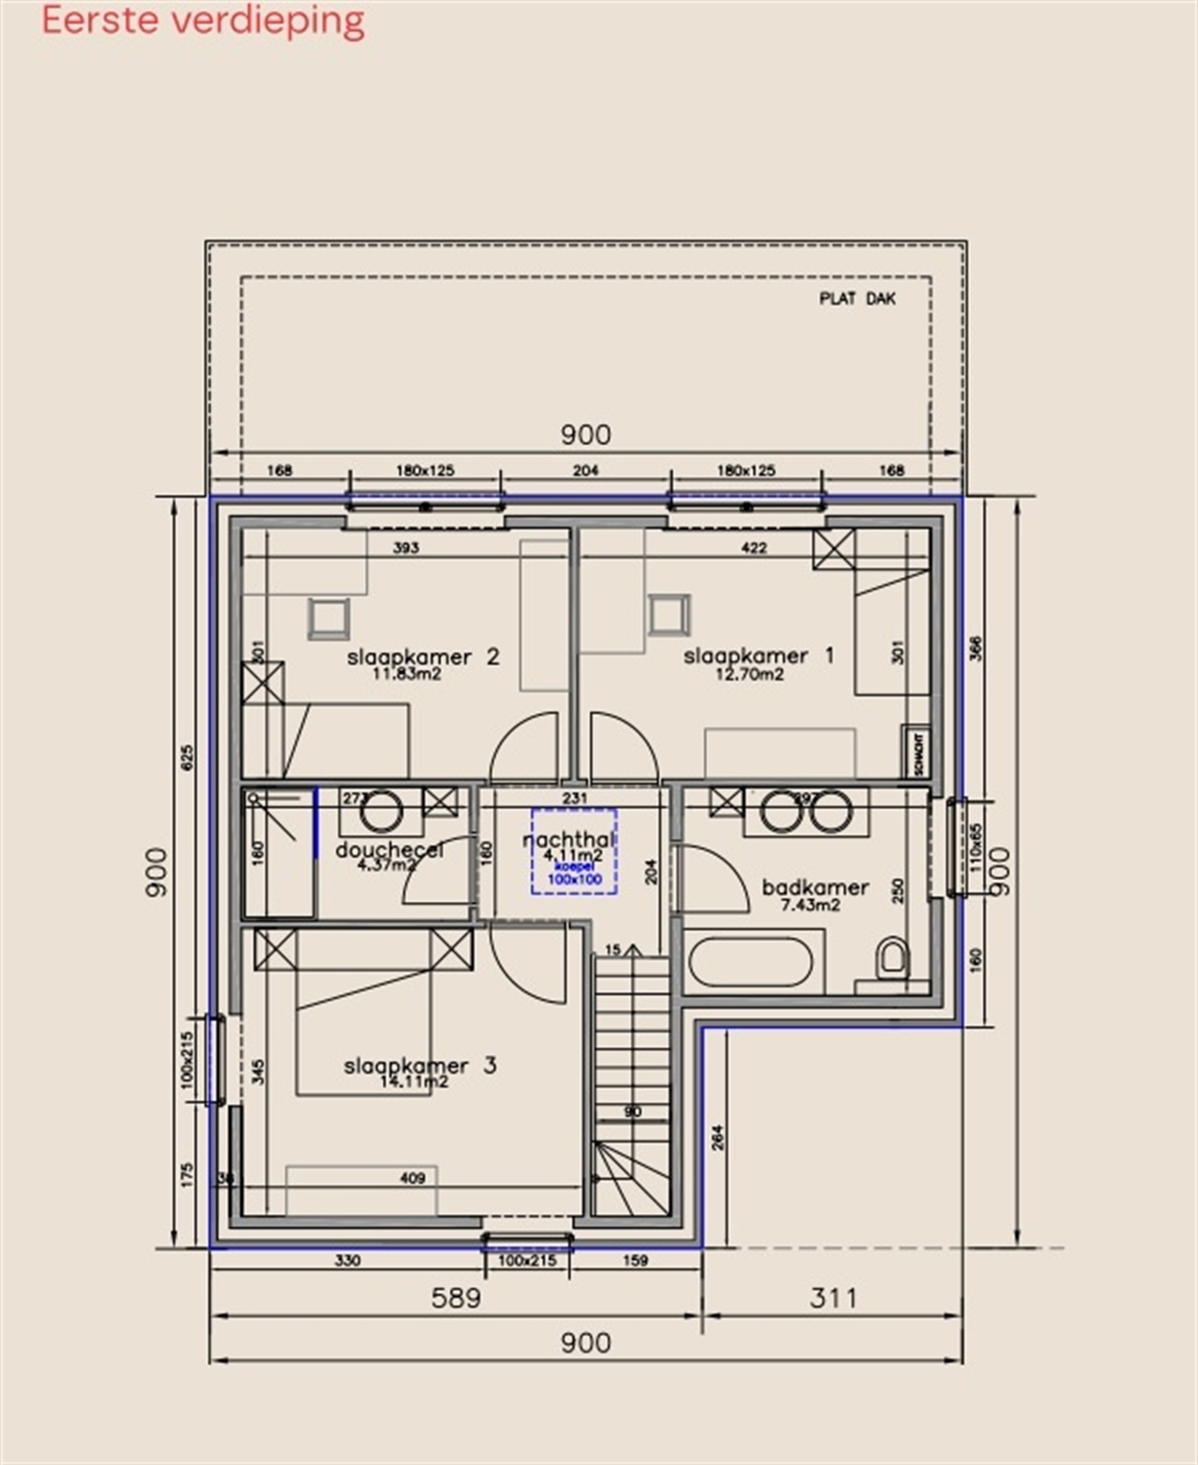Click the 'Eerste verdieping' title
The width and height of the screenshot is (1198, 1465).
pos(203,21)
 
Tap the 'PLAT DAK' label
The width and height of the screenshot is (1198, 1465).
pos(857,299)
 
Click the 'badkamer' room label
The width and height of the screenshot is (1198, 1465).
pos(815,887)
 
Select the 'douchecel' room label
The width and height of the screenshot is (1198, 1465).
pos(389,850)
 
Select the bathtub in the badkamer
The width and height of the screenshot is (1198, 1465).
pos(750,962)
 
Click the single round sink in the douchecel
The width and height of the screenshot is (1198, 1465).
pos(382,812)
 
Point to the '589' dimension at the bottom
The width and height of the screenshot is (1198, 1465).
pos(455,1298)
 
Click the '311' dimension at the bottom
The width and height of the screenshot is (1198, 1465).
pos(833,1298)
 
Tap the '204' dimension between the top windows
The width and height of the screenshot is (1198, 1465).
pos(585,470)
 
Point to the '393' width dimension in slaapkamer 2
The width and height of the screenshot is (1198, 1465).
pos(406,548)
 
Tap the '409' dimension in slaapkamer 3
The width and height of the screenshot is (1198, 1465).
pos(412,1178)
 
